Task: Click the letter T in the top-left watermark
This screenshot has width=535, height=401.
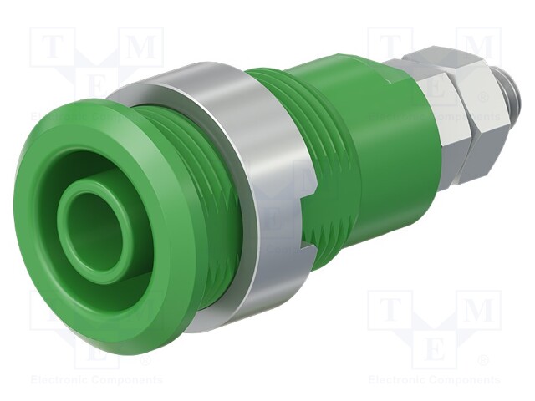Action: coord(52,48)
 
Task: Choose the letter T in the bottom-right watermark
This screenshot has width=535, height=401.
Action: coord(390,311)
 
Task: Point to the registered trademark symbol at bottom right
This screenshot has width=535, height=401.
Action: coord(483,362)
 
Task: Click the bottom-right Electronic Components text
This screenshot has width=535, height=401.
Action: coord(434,380)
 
